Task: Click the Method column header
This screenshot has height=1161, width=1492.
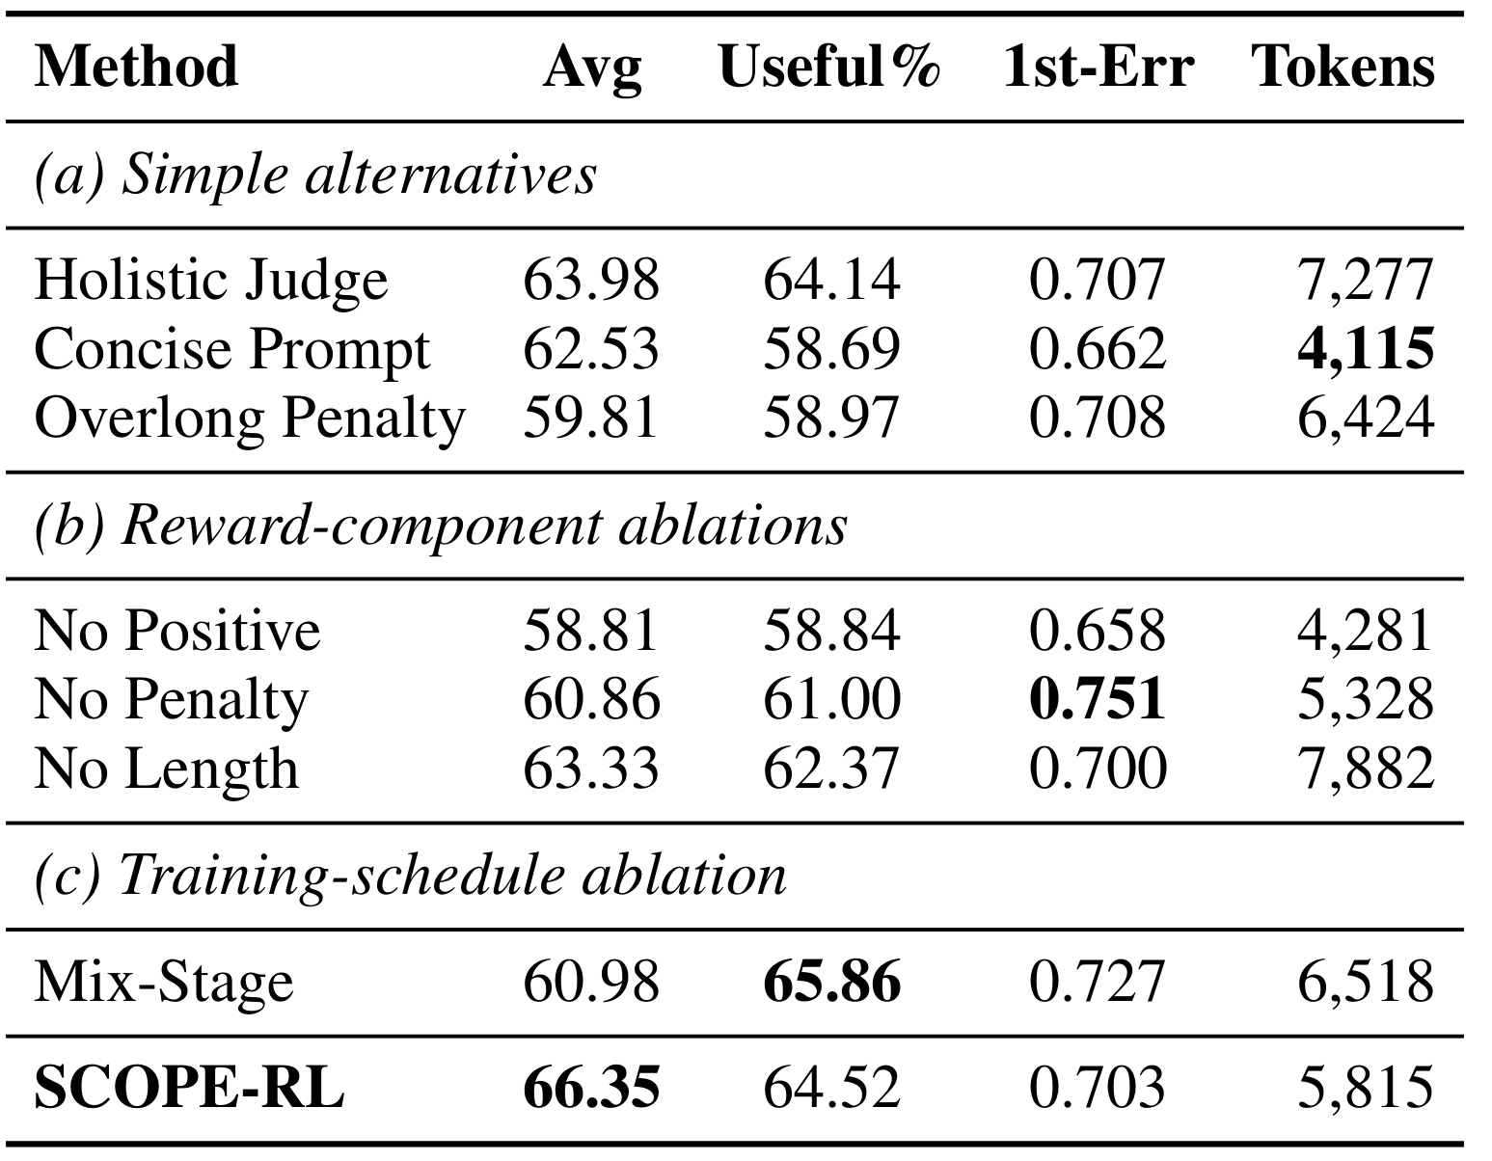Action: click(x=136, y=67)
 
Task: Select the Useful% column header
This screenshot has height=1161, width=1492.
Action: click(x=828, y=67)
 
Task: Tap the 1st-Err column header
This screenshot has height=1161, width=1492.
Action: click(x=1098, y=67)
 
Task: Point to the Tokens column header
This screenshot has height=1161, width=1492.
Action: click(x=1343, y=67)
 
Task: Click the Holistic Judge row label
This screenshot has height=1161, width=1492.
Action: click(x=211, y=281)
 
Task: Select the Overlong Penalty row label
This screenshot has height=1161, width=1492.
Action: click(x=250, y=418)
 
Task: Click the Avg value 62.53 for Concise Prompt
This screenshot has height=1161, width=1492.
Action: click(x=590, y=348)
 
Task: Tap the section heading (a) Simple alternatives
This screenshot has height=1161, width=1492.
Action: click(x=315, y=175)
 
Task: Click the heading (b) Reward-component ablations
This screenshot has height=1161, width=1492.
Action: click(x=441, y=526)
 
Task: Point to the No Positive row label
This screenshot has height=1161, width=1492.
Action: click(x=177, y=631)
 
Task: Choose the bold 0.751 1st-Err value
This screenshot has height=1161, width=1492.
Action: click(x=1098, y=699)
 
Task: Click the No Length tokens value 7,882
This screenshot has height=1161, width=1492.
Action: click(x=1365, y=769)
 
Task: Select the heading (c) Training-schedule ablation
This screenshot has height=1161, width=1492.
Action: click(x=410, y=877)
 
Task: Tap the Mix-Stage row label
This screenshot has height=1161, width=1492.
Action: click(x=164, y=982)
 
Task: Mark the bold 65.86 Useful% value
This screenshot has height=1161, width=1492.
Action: click(x=831, y=982)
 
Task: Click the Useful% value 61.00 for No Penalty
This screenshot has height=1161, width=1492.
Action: click(x=831, y=699)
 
